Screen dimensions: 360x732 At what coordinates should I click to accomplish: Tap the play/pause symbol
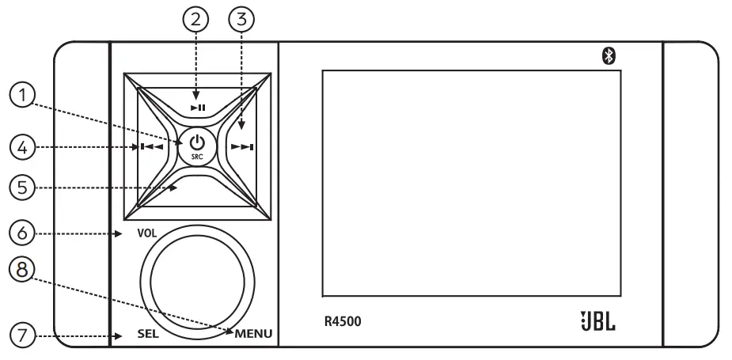[x=198, y=107]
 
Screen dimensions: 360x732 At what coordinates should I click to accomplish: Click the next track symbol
[x=241, y=146]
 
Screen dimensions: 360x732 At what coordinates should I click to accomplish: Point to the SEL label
[x=148, y=334]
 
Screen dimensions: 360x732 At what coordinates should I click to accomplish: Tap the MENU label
[x=253, y=334]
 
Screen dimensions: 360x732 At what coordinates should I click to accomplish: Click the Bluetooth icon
[x=609, y=55]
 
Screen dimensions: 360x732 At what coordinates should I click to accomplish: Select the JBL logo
[x=597, y=322]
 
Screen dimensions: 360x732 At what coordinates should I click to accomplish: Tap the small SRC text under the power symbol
[x=197, y=156]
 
